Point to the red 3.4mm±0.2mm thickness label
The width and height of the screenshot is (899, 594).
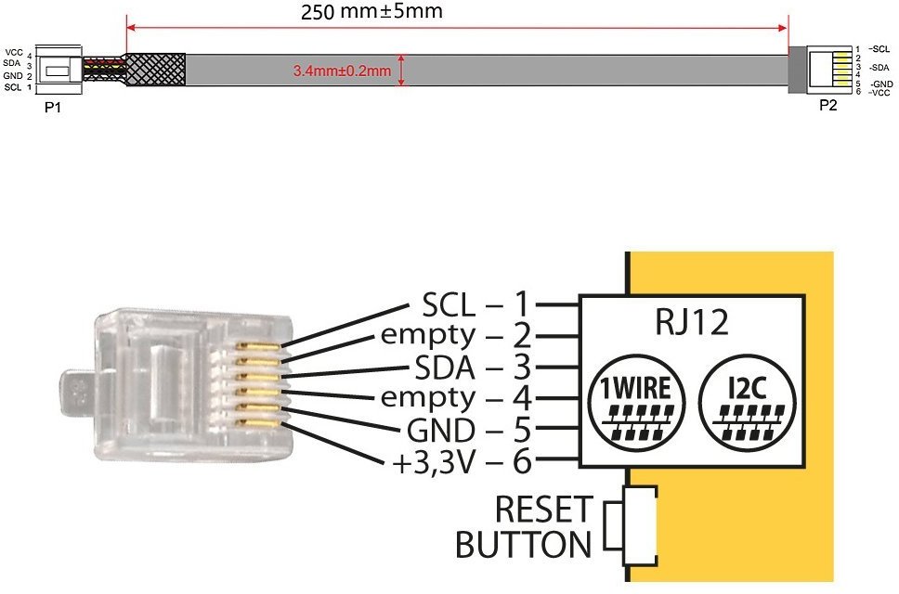pos(341,70)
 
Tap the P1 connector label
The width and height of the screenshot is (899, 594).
pos(52,108)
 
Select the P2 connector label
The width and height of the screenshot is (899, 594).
pos(827,106)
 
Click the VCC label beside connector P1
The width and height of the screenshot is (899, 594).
pos(14,52)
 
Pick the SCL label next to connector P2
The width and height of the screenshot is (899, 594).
pos(879,48)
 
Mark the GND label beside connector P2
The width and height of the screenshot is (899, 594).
pos(880,84)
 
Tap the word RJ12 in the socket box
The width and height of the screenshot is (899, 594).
pos(691,324)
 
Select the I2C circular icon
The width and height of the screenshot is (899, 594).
pos(748,400)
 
